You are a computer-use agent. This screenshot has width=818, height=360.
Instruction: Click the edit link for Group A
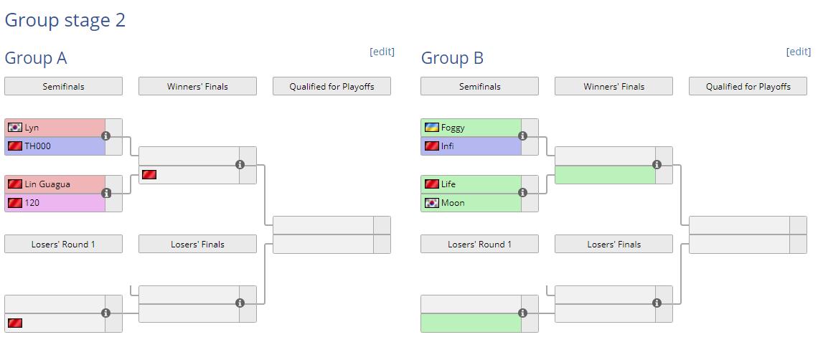tap(382, 52)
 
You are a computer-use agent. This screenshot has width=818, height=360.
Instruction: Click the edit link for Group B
tap(798, 52)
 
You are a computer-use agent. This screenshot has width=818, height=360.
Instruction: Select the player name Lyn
tap(32, 128)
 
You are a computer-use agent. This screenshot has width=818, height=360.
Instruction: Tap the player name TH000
tap(37, 146)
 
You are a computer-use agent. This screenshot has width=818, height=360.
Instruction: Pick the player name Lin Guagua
tap(47, 184)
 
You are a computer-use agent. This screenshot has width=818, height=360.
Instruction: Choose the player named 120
tap(32, 203)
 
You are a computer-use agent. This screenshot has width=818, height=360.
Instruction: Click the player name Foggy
tap(453, 128)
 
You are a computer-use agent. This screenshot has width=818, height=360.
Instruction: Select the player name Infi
tap(448, 146)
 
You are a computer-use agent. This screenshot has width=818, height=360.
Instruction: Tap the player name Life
tap(448, 184)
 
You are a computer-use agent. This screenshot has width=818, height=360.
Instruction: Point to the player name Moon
tap(453, 203)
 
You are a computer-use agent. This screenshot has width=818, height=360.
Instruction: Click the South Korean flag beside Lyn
tap(15, 128)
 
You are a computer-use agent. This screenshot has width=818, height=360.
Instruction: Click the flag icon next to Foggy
tap(431, 128)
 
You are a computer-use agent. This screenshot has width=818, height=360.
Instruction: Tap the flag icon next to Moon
tap(431, 203)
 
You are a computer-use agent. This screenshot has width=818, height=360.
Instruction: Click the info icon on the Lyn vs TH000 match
tap(106, 136)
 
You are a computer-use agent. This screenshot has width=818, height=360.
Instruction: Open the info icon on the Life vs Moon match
tap(522, 192)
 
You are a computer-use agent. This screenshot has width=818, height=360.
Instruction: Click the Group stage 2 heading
tap(65, 20)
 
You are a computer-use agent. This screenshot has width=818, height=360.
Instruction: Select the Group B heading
tap(452, 58)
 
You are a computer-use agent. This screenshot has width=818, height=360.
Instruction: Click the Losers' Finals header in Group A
tap(197, 245)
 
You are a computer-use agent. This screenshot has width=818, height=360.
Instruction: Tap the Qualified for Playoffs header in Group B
tap(748, 87)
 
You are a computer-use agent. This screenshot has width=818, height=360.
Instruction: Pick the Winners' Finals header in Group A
tap(197, 87)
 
